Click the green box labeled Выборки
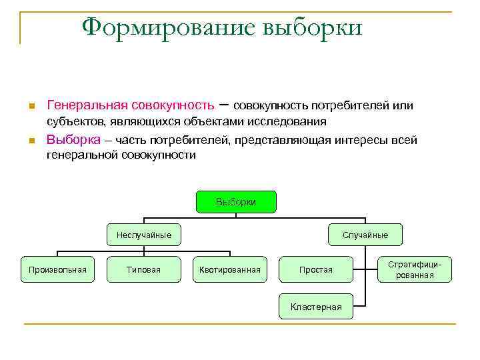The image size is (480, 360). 236,202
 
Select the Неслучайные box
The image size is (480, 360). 144,235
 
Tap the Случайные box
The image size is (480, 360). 365,235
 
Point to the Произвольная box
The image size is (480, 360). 57,269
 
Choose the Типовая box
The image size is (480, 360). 143,269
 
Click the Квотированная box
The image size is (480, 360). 230,269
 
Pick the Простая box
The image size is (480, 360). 316,269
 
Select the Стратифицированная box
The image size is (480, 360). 415,269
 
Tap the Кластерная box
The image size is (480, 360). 316,307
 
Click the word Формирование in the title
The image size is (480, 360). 167,28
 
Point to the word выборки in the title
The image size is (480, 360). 313,28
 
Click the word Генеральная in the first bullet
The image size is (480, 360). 87,106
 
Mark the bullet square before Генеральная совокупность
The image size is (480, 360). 31,107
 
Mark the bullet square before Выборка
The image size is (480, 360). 31,141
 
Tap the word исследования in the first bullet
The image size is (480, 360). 287,121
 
